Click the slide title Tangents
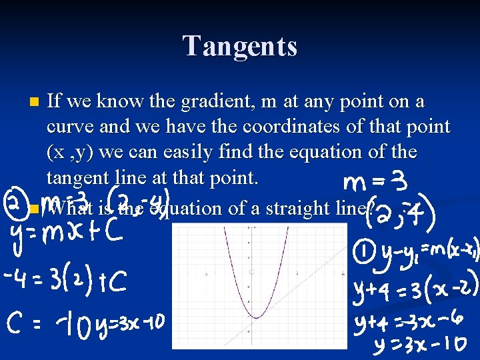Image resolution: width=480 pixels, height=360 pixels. click(x=240, y=46)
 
